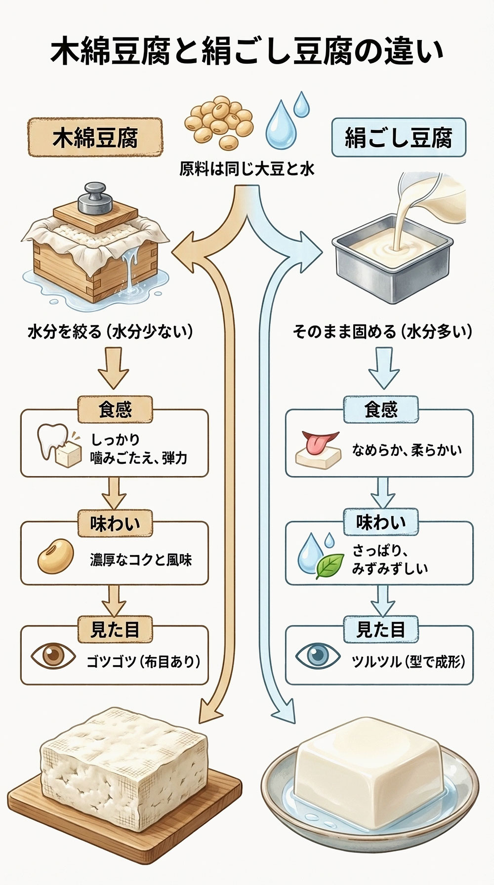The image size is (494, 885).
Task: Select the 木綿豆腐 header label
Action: (x=95, y=137)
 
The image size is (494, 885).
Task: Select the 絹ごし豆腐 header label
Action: (x=398, y=137)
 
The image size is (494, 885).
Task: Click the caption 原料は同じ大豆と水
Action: (x=247, y=170)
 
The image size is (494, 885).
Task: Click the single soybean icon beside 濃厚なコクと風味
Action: (x=55, y=557)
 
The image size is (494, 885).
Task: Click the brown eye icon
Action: (x=53, y=655)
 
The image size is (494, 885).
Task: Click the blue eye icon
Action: (x=317, y=656)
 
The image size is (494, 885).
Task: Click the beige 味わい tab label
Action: (x=115, y=523)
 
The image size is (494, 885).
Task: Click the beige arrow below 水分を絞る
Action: (x=114, y=368)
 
